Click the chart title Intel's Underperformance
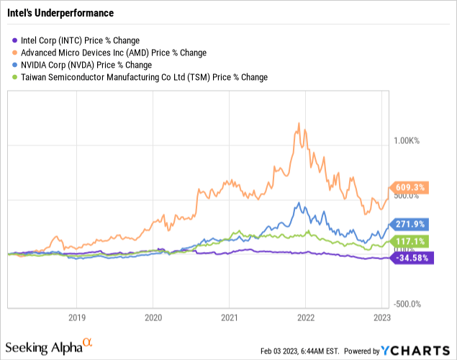coord(60,13)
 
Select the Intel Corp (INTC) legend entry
coord(76,40)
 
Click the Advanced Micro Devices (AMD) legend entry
coord(109,53)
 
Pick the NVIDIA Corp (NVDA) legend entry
coord(82,65)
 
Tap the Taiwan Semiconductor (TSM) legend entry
coord(140,77)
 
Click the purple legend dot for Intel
coord(14,40)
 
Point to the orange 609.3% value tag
coord(410,187)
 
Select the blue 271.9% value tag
coord(410,224)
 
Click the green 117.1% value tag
coord(410,241)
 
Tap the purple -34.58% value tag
coord(412,258)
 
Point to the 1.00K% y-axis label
coord(407,141)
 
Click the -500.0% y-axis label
coord(407,304)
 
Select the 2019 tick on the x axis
coord(77,318)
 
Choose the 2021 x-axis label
coord(230,318)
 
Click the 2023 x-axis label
coord(382,318)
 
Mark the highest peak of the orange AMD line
coord(299,123)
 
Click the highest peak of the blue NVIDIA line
coord(299,202)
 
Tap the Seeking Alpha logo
coord(49,346)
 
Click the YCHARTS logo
coord(415,351)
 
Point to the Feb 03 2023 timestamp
coord(299,351)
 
